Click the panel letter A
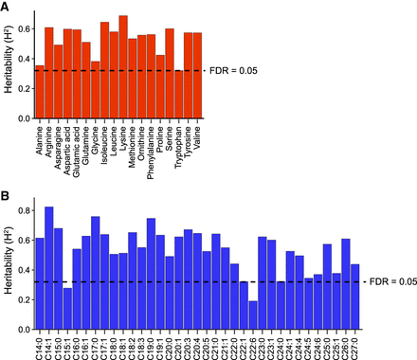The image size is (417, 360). pos(6,7)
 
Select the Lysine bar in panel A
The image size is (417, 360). pos(123,66)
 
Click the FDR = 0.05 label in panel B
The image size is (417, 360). pos(390,281)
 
